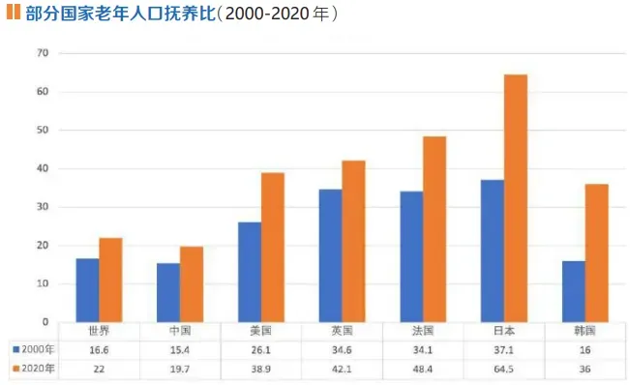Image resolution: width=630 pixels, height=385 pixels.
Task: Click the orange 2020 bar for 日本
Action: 516,198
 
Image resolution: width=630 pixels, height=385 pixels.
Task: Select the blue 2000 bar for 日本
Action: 492,251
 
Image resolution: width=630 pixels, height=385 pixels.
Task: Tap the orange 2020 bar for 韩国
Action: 596,252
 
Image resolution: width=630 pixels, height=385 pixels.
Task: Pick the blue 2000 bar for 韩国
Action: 573,291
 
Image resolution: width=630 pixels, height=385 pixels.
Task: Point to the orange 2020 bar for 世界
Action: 111,280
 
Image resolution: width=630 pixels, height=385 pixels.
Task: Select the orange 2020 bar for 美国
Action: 273,248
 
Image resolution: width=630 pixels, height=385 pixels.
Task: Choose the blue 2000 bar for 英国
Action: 330,255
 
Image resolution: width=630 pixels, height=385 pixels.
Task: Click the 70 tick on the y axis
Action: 42,53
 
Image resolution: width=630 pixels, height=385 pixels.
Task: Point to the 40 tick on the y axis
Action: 42,168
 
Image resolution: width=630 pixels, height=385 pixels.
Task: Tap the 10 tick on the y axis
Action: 42,283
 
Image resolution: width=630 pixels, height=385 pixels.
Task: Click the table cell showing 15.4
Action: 180,348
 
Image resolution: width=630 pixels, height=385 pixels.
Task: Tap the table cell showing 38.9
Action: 261,369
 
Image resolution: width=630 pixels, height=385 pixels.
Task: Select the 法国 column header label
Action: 423,330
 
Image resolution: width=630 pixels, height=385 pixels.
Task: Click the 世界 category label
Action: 99,330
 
